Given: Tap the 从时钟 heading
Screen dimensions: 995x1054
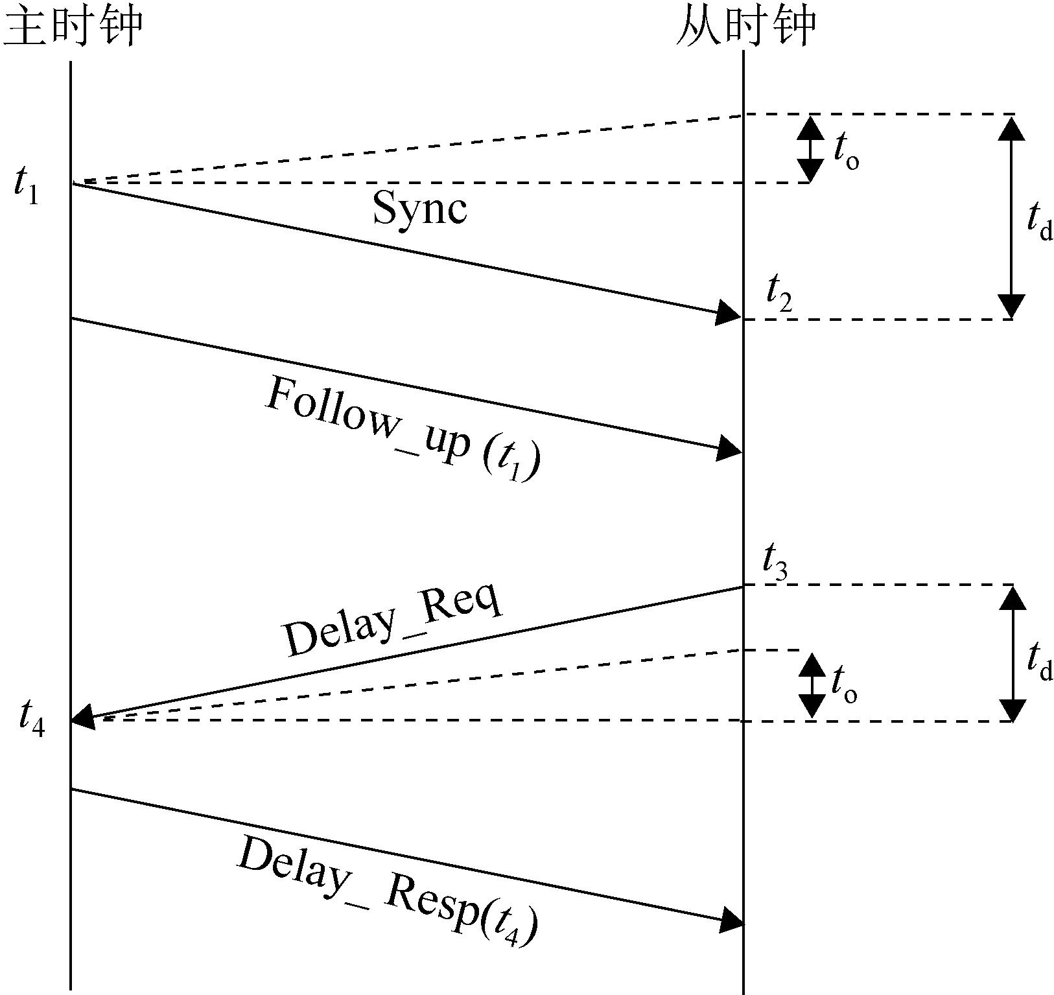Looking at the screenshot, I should click(745, 27).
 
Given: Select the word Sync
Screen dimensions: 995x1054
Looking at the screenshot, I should click(420, 209).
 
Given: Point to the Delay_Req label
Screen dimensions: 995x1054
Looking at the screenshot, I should click(393, 621).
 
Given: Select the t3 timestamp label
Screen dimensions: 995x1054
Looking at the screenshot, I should click(775, 562).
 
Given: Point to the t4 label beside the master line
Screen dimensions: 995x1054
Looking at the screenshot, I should click(31, 718).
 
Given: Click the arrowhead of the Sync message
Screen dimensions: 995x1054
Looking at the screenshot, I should click(729, 314).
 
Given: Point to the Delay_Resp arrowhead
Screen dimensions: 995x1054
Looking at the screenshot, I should click(731, 920).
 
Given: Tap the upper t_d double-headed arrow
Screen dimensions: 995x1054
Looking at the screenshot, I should click(1011, 217).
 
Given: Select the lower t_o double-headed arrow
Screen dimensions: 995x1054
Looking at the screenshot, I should click(811, 685).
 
